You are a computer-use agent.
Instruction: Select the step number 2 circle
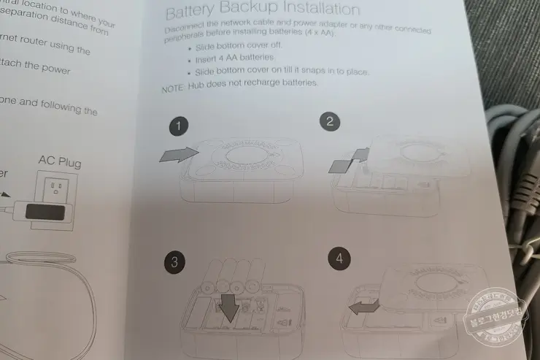(x=331, y=122)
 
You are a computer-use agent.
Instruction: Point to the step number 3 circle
(x=173, y=264)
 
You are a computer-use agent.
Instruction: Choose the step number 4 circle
(x=338, y=258)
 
